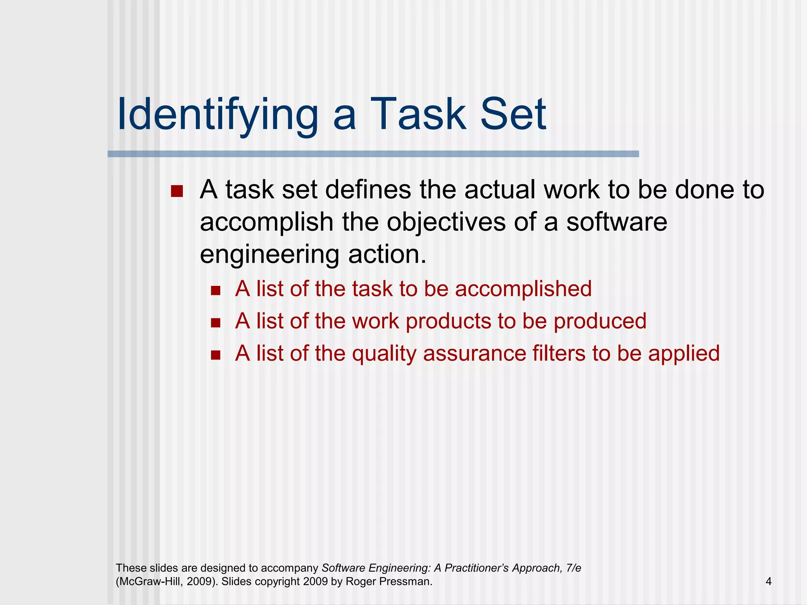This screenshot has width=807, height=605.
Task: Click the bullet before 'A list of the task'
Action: pyautogui.click(x=215, y=291)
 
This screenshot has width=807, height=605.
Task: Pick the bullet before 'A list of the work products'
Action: pyautogui.click(x=215, y=323)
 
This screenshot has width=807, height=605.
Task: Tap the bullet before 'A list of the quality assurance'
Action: pyautogui.click(x=215, y=355)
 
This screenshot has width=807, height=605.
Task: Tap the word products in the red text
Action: pyautogui.click(x=448, y=321)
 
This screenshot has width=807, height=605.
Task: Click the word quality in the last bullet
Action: pyautogui.click(x=384, y=354)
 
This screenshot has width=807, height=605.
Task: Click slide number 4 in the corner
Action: pyautogui.click(x=768, y=581)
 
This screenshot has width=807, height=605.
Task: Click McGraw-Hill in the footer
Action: pyautogui.click(x=150, y=581)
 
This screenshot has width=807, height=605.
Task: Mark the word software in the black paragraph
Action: pyautogui.click(x=617, y=222)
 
